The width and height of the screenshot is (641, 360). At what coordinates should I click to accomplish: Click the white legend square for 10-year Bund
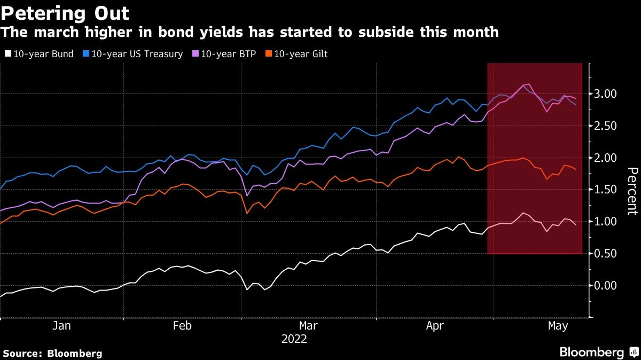[7, 54]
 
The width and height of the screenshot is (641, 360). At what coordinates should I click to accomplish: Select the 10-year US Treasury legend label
[137, 54]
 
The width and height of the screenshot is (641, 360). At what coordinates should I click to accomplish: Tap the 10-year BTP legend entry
[228, 54]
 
